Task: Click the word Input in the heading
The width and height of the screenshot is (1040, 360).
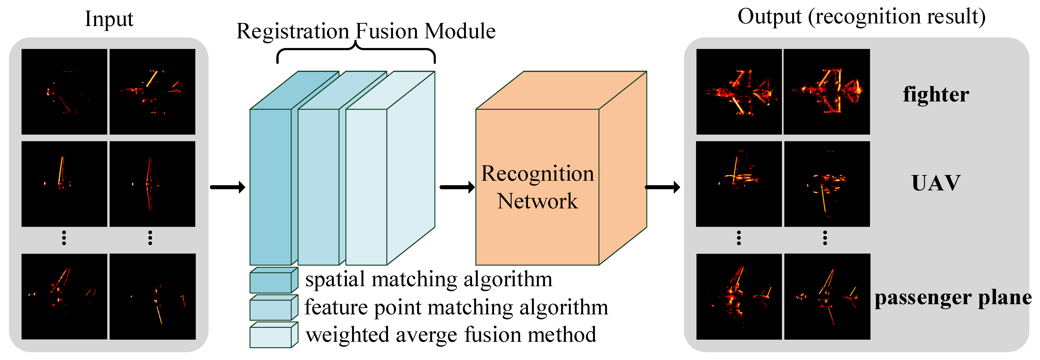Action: tap(109, 19)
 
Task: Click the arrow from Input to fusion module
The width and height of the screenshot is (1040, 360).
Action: tap(227, 187)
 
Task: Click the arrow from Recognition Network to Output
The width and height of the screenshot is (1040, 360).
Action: tap(662, 187)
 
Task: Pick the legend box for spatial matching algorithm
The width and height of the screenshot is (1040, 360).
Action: tap(273, 281)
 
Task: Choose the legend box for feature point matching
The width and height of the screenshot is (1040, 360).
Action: tap(273, 308)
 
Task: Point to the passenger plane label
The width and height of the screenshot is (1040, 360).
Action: tap(953, 298)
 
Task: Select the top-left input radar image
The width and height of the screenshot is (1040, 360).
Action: tap(64, 92)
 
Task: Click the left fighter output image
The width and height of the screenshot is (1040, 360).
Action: tap(739, 92)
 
